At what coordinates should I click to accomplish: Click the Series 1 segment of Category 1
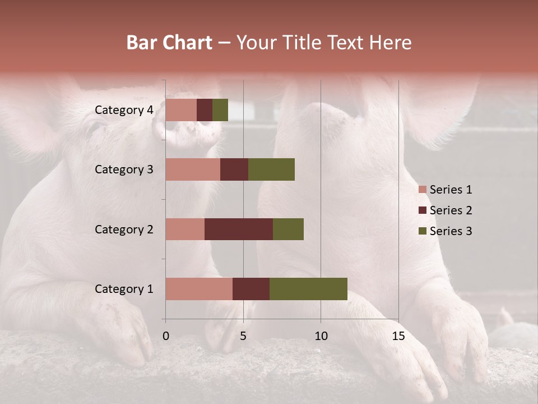199,289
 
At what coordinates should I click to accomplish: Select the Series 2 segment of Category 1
251,289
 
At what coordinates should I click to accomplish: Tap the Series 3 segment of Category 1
308,289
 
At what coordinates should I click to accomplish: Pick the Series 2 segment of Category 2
239,229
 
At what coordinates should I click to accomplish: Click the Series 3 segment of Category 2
288,229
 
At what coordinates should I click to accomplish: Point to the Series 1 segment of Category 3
193,169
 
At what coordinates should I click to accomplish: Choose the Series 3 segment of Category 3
271,169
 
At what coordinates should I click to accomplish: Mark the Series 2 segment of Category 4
205,110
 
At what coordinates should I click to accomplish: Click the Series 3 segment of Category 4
220,110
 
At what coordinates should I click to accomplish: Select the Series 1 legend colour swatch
422,190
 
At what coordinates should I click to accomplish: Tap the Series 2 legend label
451,210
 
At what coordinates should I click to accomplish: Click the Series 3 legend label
451,231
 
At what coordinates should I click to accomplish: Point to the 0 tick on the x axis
166,336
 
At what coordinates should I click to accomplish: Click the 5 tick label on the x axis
243,336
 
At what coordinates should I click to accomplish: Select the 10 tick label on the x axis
321,336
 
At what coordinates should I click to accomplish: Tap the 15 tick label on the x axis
398,336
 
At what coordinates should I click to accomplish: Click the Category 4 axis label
124,110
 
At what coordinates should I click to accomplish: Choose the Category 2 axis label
124,229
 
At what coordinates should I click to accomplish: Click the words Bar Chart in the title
169,43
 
